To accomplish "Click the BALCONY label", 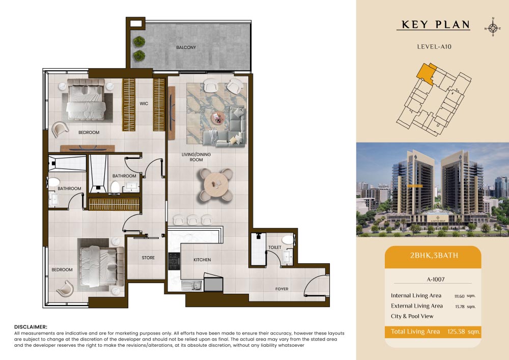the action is point(186,47).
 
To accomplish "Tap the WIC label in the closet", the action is point(144,103).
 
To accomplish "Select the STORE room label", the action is point(148,258).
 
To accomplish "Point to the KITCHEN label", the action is point(202,260).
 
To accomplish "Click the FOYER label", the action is point(282,289).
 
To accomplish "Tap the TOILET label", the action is point(275,247).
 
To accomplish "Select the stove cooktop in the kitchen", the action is point(174,261).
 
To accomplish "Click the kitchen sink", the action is point(191,286).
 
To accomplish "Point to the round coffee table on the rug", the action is point(218,118).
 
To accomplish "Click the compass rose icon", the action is point(493,28).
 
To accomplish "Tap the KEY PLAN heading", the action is point(436,24).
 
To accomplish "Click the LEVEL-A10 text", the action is point(434,47).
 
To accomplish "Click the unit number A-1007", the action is point(436,279).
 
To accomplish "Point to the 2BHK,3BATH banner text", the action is point(434,256).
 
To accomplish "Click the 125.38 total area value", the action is point(456,331).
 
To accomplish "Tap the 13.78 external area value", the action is point(460,307).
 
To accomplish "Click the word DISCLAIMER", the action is point(31,327).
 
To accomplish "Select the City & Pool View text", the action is point(412,316).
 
